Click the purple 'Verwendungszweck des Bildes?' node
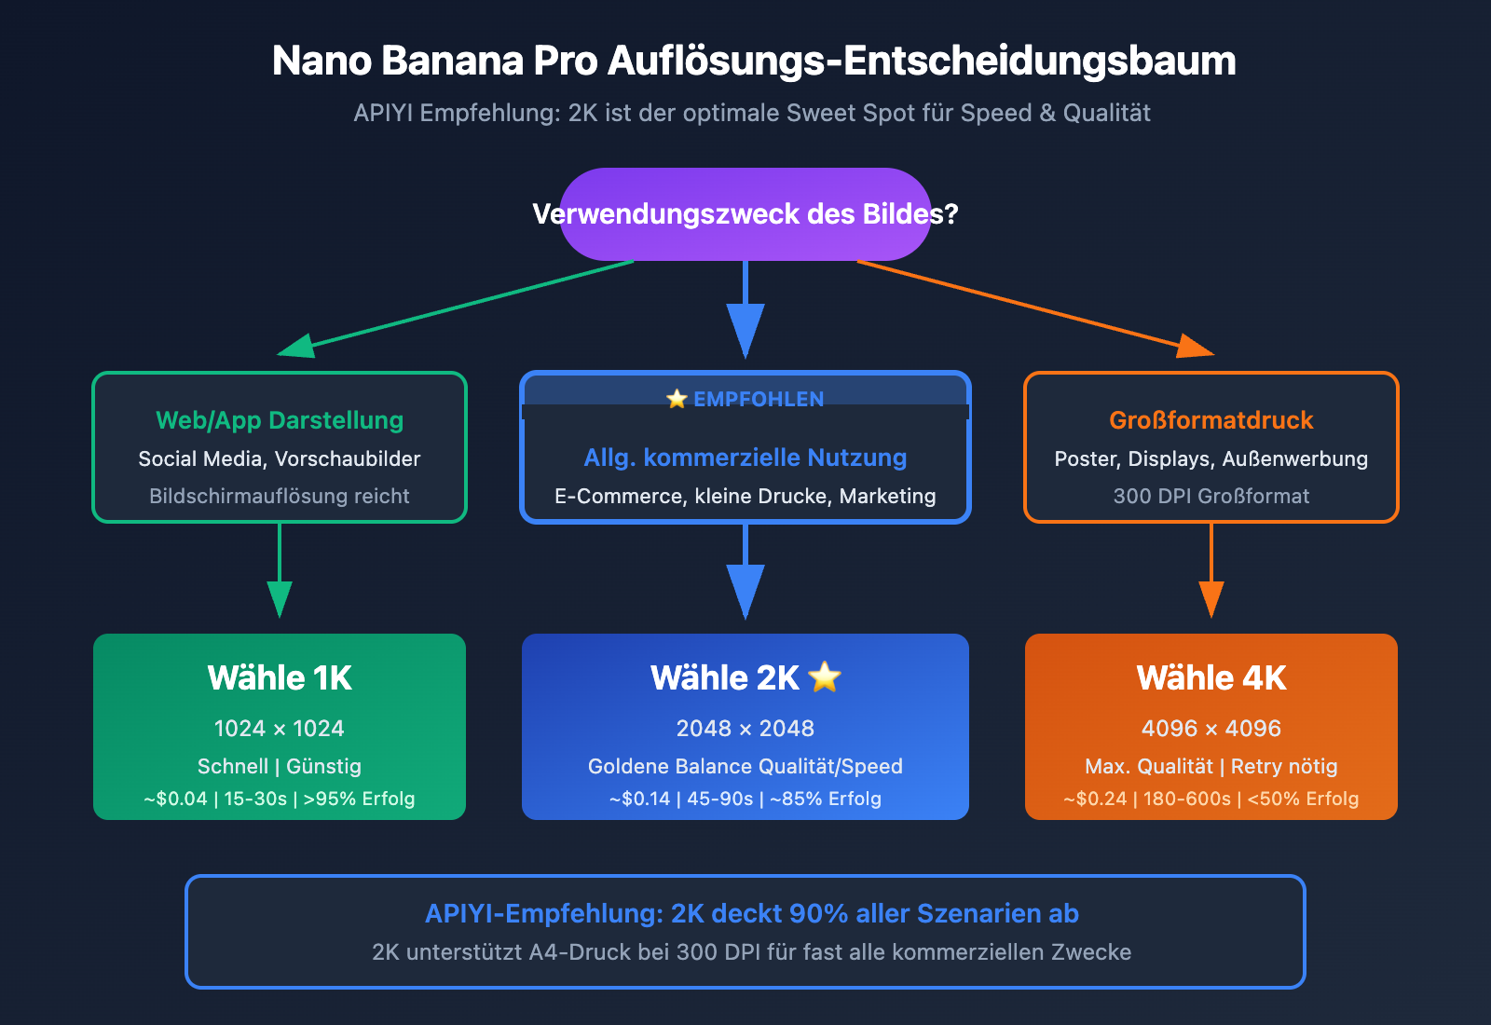click(745, 214)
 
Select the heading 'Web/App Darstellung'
click(280, 420)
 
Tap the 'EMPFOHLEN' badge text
click(758, 399)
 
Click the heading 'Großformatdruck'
click(1211, 420)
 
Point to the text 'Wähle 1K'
click(280, 677)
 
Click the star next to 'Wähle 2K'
click(825, 676)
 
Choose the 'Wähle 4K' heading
click(1211, 677)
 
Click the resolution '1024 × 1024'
click(280, 728)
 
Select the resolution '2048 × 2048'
click(745, 728)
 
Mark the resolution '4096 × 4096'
click(1211, 728)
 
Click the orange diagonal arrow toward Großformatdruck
click(1025, 306)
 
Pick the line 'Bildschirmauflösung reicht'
click(280, 496)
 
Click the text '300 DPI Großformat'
click(1211, 496)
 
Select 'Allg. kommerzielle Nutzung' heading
click(745, 458)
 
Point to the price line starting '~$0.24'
click(1211, 799)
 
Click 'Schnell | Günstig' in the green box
click(280, 766)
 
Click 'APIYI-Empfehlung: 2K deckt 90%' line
click(752, 913)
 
